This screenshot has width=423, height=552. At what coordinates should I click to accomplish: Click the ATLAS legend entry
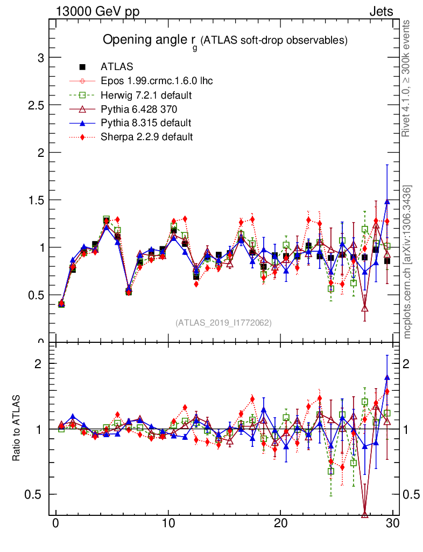pyautogui.click(x=117, y=67)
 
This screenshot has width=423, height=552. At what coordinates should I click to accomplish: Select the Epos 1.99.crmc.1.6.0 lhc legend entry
pyautogui.click(x=157, y=81)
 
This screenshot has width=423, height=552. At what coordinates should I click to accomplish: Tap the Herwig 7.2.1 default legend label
pyautogui.click(x=146, y=95)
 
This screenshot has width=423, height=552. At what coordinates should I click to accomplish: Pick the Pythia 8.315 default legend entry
pyautogui.click(x=146, y=123)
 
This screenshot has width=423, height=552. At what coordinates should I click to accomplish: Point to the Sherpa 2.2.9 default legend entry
pyautogui.click(x=146, y=137)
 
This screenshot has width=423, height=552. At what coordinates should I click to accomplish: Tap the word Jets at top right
pyautogui.click(x=380, y=11)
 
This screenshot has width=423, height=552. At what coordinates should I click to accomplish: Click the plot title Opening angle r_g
pyautogui.click(x=225, y=40)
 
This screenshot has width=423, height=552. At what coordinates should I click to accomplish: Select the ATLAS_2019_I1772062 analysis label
pyautogui.click(x=223, y=323)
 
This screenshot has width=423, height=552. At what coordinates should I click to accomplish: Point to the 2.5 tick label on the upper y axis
pyautogui.click(x=37, y=105)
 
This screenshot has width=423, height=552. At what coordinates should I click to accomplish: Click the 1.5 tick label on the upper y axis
pyautogui.click(x=37, y=200)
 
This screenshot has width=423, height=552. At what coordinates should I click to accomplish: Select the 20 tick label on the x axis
pyautogui.click(x=280, y=525)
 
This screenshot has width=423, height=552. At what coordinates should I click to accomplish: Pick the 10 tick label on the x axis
pyautogui.click(x=168, y=525)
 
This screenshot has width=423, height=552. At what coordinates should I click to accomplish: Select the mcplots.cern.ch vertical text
pyautogui.click(x=407, y=262)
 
